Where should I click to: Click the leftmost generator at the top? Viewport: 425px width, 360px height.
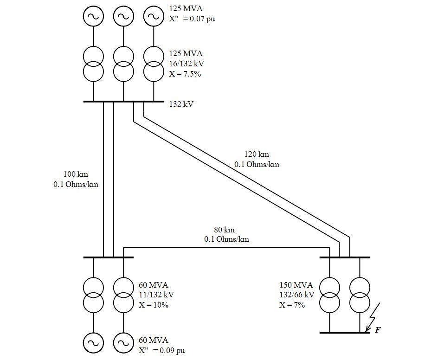tap(93, 16)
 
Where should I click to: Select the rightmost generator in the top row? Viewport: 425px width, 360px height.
tap(154, 16)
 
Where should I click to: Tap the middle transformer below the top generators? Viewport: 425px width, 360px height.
tap(123, 64)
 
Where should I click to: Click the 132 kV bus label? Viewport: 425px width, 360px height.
tap(181, 104)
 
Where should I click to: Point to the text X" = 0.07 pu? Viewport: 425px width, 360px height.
tap(192, 19)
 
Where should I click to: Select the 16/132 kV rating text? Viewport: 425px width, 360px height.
tap(186, 64)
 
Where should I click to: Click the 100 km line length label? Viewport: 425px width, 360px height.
tap(76, 174)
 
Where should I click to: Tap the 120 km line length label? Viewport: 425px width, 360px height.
tap(257, 154)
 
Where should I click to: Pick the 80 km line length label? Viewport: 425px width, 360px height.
tap(224, 230)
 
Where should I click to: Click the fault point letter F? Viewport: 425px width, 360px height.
tap(378, 330)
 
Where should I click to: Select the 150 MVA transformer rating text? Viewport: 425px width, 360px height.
tap(296, 285)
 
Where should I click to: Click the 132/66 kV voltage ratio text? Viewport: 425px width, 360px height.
tap(297, 295)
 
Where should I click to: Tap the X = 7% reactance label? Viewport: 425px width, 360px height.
tap(292, 305)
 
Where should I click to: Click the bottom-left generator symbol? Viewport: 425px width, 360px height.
tap(93, 343)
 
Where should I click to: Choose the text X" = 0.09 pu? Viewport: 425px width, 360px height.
tap(161, 350)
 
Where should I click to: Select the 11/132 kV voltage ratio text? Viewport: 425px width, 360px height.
tap(156, 295)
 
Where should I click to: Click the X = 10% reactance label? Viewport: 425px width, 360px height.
tap(154, 305)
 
